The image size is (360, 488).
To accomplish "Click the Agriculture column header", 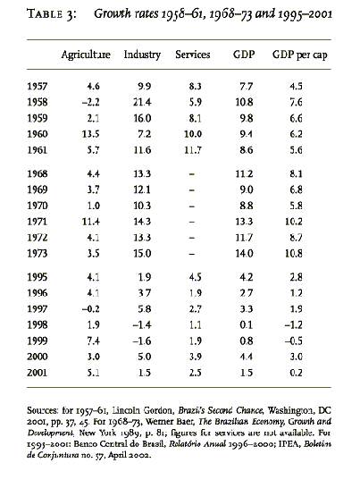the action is (x=86, y=55).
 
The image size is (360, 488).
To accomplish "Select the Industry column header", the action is (x=142, y=55).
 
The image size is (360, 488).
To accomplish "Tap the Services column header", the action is (x=193, y=55).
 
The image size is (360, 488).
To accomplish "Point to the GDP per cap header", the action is (x=299, y=55).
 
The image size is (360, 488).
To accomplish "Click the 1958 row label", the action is (x=38, y=102).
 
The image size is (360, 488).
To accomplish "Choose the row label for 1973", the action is (x=38, y=253).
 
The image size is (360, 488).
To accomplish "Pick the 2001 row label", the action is (x=38, y=373).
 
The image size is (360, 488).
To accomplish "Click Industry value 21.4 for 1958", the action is (x=142, y=102).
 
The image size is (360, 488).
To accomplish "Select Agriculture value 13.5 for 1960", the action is (x=90, y=134).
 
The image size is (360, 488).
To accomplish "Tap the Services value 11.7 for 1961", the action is (x=193, y=150).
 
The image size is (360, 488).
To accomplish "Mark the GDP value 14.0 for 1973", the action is (x=244, y=253).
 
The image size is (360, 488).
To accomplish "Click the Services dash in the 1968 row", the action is (x=192, y=174).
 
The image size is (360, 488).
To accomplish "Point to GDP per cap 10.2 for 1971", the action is (x=293, y=222).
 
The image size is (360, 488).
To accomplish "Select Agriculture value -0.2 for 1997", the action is (x=90, y=308).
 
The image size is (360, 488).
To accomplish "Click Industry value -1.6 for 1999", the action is (x=142, y=341).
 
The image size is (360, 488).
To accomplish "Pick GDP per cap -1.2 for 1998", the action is (x=293, y=325).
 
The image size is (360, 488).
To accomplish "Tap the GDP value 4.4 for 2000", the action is (x=247, y=357).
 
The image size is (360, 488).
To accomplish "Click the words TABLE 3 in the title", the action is (x=51, y=14).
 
